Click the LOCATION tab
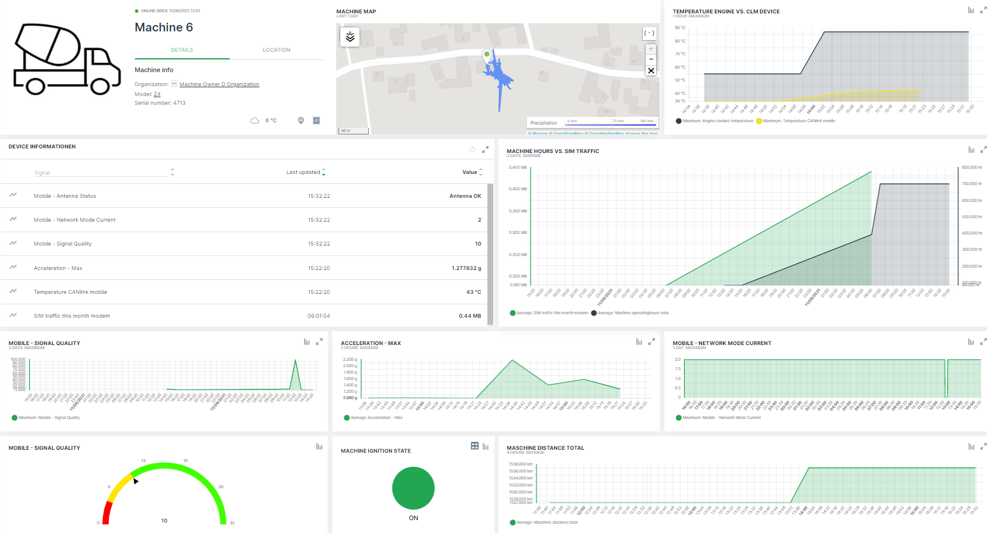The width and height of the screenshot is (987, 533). click(x=276, y=50)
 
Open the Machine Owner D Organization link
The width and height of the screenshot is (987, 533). click(x=219, y=84)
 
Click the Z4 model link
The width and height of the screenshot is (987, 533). click(x=157, y=94)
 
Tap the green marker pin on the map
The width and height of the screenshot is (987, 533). click(x=487, y=55)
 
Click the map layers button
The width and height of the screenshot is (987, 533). click(x=350, y=37)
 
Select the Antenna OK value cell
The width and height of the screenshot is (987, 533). click(x=465, y=196)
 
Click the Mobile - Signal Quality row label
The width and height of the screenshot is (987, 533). click(x=63, y=244)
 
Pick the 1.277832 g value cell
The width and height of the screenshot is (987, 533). click(x=466, y=268)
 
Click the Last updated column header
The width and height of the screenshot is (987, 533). click(x=303, y=172)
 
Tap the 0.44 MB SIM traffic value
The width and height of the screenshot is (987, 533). click(x=469, y=316)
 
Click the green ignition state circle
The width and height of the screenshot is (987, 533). click(x=413, y=488)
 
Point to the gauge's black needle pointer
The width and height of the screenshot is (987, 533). click(x=136, y=481)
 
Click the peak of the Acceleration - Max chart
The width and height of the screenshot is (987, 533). click(x=512, y=361)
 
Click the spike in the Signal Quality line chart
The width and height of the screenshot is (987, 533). click(x=295, y=361)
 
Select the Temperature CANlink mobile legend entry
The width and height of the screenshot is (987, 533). click(x=799, y=121)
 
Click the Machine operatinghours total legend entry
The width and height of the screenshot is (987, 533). click(x=633, y=313)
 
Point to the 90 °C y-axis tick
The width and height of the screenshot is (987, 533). click(x=680, y=28)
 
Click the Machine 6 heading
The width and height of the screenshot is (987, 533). click(x=163, y=27)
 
